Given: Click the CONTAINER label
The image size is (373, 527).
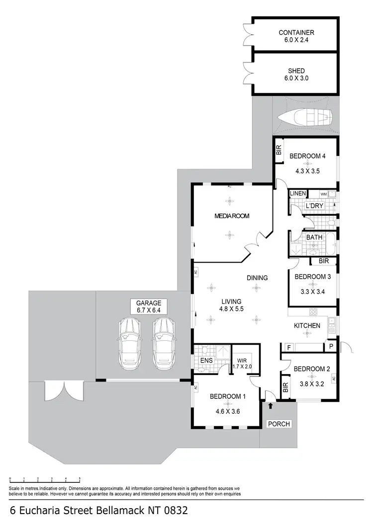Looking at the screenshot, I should (x=296, y=33).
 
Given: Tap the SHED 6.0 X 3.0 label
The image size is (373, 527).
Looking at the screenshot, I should (x=296, y=71).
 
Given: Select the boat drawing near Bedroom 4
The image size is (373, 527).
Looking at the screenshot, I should (x=305, y=118).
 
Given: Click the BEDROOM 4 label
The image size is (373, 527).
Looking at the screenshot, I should (x=307, y=156).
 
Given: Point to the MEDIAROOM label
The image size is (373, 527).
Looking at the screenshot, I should (x=231, y=216).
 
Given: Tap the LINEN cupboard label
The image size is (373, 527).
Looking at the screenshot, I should (x=298, y=193).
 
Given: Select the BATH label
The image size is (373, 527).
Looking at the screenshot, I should (x=314, y=237).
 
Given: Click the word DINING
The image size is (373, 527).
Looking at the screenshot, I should (x=257, y=278).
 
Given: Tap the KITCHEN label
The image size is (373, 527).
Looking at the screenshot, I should (x=306, y=326).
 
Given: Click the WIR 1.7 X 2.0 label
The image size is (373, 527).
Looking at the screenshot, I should (x=243, y=364).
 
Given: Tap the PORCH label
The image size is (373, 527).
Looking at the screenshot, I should (x=279, y=424).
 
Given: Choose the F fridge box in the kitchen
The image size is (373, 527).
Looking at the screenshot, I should (x=288, y=347).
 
